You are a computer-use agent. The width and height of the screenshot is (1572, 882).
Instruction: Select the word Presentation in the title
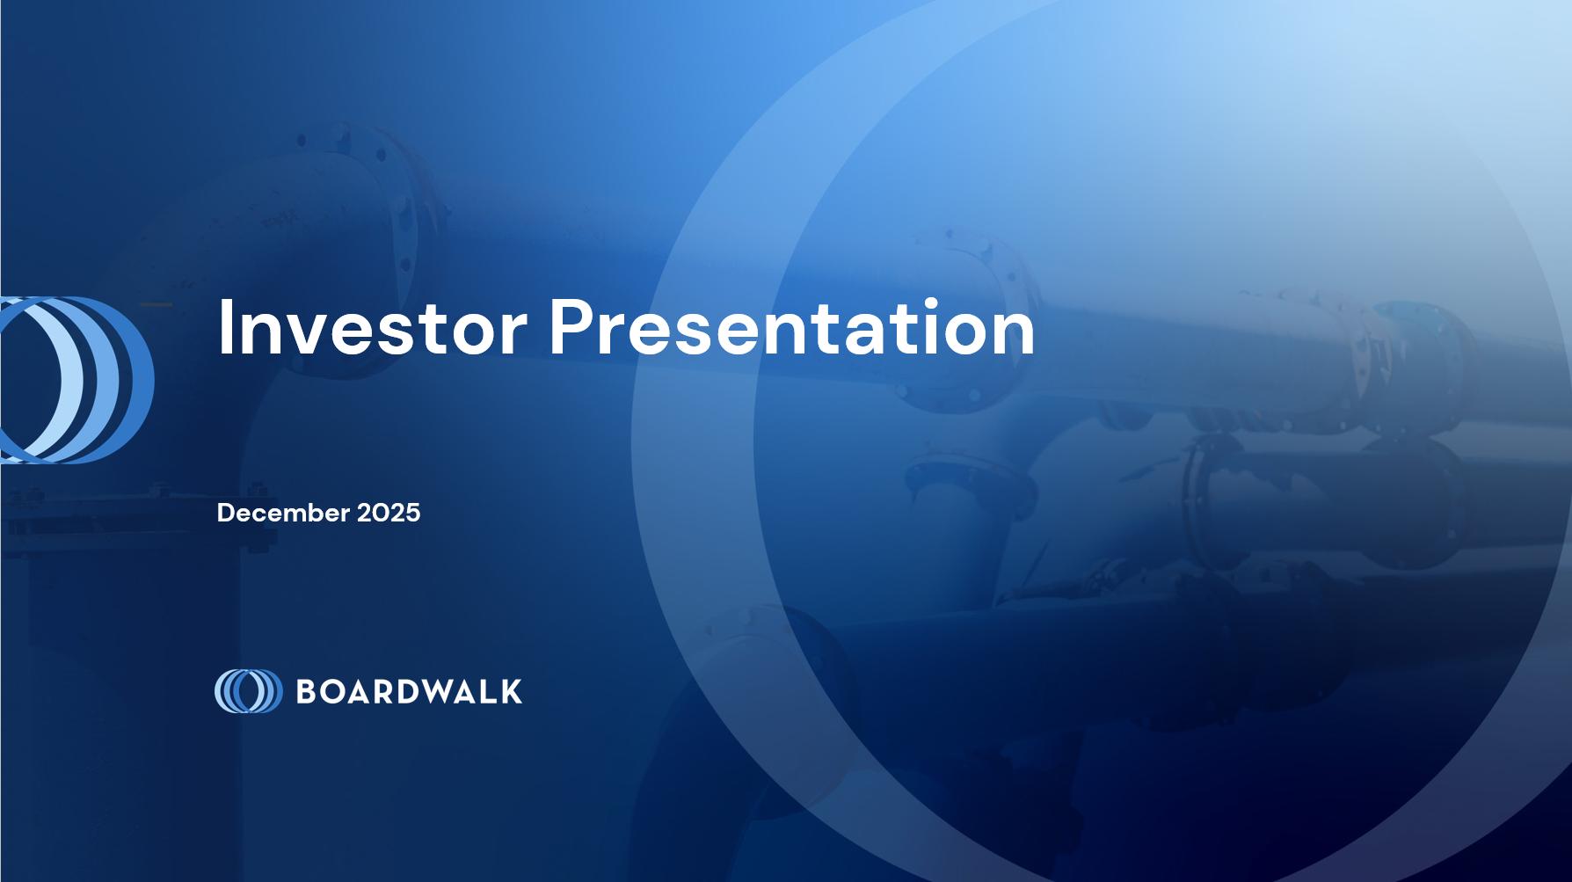click(x=792, y=327)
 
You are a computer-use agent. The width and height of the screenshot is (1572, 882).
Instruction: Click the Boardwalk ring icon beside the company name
click(x=249, y=691)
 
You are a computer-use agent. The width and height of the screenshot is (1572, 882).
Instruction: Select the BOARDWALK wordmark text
click(x=410, y=692)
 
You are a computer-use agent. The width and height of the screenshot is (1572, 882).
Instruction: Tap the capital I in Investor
click(x=224, y=327)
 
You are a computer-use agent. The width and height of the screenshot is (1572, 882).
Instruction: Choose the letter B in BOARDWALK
click(x=307, y=692)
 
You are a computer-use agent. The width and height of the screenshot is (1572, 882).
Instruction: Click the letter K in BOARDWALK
click(x=512, y=692)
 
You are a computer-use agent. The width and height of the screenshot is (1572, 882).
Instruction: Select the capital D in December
click(x=226, y=513)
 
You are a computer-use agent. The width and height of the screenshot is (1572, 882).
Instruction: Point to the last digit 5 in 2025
click(x=413, y=513)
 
